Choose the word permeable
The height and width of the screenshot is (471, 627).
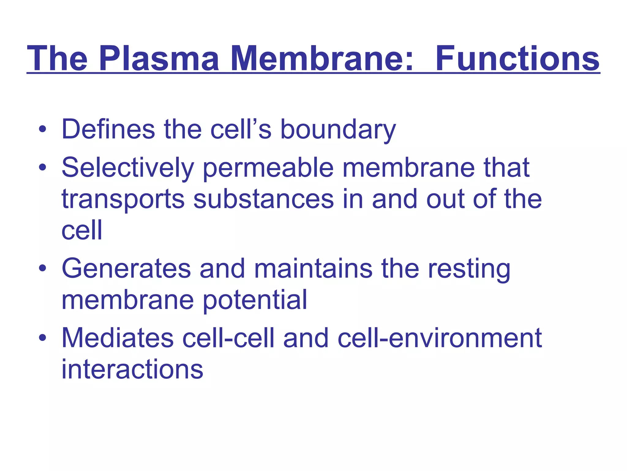268,168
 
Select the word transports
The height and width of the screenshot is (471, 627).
123,199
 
